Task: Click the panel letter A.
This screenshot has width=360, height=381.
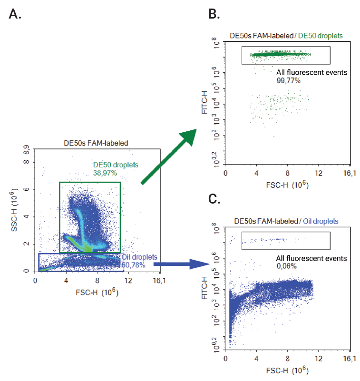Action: point(15,14)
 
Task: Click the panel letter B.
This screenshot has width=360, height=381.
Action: point(214,14)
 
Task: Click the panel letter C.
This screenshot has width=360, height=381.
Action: point(214,198)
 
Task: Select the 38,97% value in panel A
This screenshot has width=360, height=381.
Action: point(105,173)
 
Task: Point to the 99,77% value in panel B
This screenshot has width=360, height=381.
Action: point(288,80)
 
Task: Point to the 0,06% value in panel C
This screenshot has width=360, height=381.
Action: point(287,266)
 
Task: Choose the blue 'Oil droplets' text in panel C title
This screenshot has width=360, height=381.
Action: point(321,221)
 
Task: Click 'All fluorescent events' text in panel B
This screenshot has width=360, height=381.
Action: point(311,73)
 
